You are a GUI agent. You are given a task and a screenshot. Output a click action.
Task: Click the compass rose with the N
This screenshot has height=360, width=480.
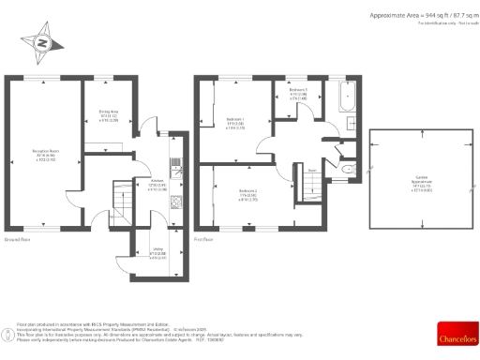[41, 42]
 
